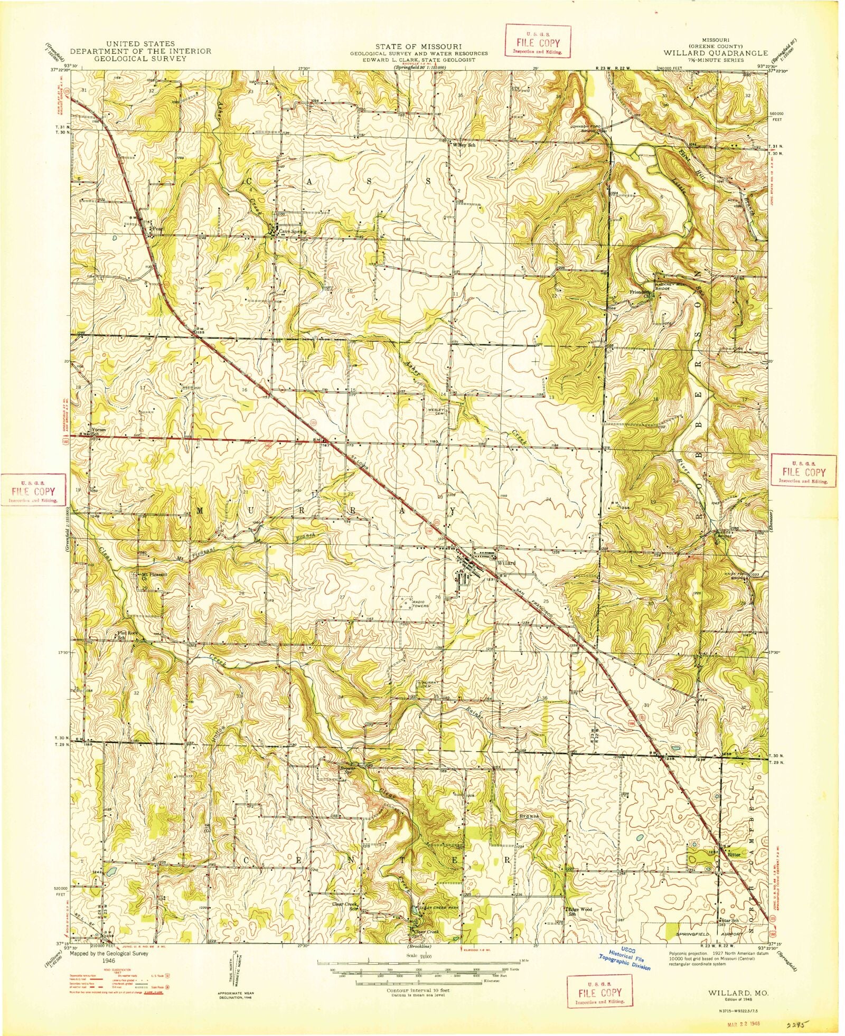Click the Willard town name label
click(505, 563)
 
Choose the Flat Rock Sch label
click(128, 635)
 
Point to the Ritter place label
click(734, 854)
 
